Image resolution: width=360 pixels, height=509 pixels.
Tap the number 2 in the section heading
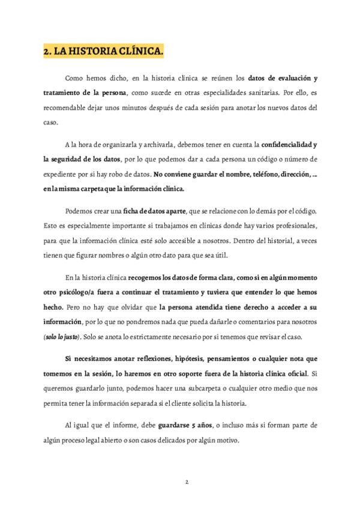click(x=46, y=52)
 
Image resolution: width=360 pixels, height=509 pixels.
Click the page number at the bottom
click(x=187, y=482)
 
